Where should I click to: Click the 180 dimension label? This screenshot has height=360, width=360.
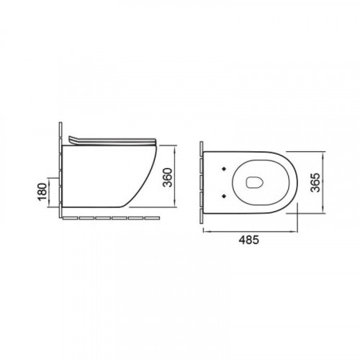(42, 192)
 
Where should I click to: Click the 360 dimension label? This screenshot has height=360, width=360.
(168, 177)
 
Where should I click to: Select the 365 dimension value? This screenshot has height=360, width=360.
(315, 182)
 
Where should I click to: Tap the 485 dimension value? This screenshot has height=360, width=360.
(249, 240)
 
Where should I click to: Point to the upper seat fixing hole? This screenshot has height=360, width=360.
(225, 168)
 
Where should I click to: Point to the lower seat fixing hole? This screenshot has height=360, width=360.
(225, 196)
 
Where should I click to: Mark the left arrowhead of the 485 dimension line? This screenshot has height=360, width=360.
(206, 232)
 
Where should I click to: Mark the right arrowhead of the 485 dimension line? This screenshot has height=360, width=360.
(295, 232)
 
